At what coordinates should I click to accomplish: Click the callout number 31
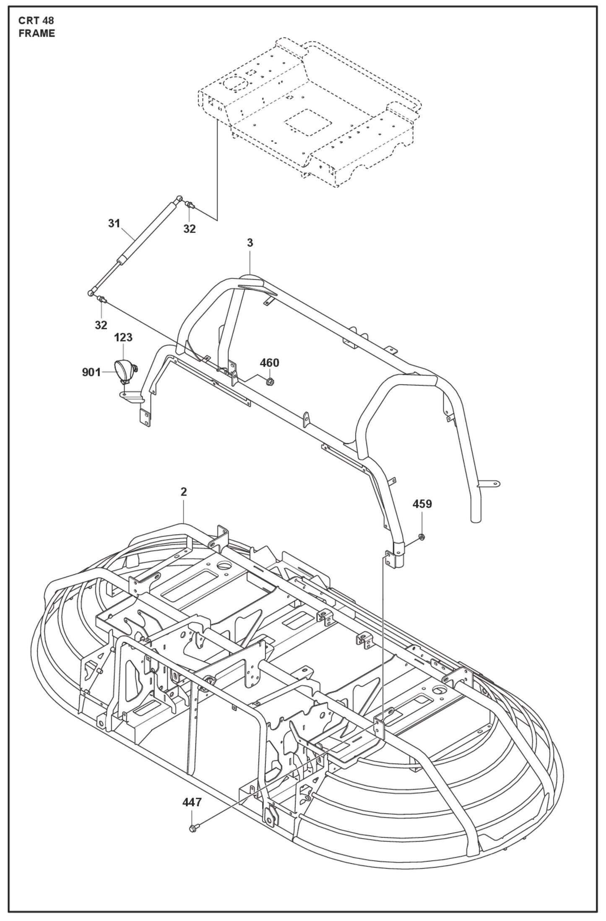(x=114, y=224)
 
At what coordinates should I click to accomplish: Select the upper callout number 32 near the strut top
(x=190, y=229)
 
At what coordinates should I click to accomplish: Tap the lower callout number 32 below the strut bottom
(x=101, y=325)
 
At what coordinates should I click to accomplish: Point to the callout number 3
(x=250, y=243)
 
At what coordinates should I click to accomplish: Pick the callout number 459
(x=422, y=504)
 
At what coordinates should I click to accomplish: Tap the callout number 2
(x=184, y=492)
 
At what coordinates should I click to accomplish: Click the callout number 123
(x=123, y=338)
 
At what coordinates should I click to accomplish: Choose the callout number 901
(x=91, y=372)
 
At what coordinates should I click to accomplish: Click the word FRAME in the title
(x=37, y=34)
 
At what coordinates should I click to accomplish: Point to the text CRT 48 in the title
(x=36, y=21)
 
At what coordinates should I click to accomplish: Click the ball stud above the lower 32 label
(x=101, y=300)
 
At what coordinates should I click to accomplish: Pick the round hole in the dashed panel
(x=235, y=83)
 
